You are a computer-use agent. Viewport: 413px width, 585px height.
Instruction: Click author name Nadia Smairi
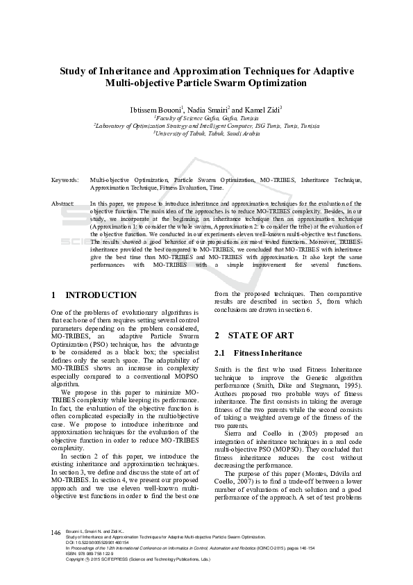pos(208,110)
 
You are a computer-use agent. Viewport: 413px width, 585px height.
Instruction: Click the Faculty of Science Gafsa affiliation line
pos(206,119)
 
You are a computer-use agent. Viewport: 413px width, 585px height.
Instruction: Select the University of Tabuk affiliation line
pos(206,133)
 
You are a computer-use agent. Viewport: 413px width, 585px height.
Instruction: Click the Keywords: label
pos(65,179)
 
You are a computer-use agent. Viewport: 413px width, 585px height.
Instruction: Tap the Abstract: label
pos(63,203)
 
